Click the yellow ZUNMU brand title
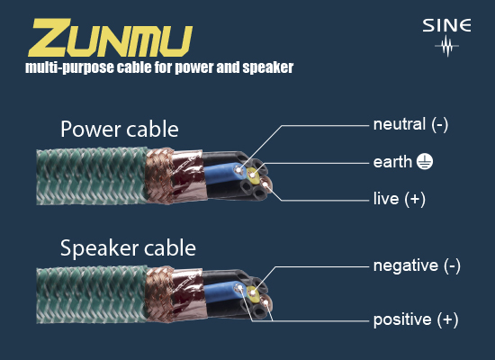tap(111, 38)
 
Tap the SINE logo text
tap(446, 25)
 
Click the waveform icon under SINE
tap(446, 46)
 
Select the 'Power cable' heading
tap(120, 130)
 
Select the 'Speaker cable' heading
tap(128, 248)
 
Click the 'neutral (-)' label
tap(410, 124)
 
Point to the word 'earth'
tap(392, 162)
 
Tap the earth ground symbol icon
tap(425, 162)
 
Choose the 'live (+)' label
tap(400, 199)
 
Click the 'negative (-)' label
tap(417, 265)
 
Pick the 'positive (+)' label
tap(416, 319)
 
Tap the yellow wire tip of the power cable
tap(253, 175)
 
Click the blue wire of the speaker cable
tap(222, 292)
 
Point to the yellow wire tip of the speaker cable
tap(253, 294)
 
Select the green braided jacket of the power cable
tap(92, 176)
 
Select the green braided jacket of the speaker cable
tap(92, 295)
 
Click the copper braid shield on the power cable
tap(159, 175)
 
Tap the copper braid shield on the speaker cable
tap(159, 294)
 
